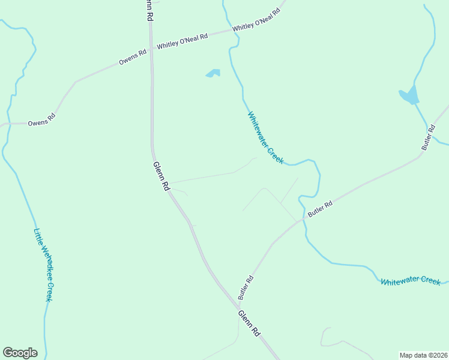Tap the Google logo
coord(20,353)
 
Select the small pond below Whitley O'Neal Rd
coord(213,74)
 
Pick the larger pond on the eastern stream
coord(409,95)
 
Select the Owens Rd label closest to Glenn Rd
coord(133,58)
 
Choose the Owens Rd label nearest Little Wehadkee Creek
coord(41,120)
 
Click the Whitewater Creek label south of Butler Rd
coord(411,281)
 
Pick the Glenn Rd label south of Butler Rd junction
coord(249,323)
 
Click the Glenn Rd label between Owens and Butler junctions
coord(161,176)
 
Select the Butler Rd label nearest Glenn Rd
coord(246,287)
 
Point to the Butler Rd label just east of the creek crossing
coord(320,209)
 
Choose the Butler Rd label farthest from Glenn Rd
coord(427,137)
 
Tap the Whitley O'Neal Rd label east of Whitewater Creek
coord(256,20)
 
